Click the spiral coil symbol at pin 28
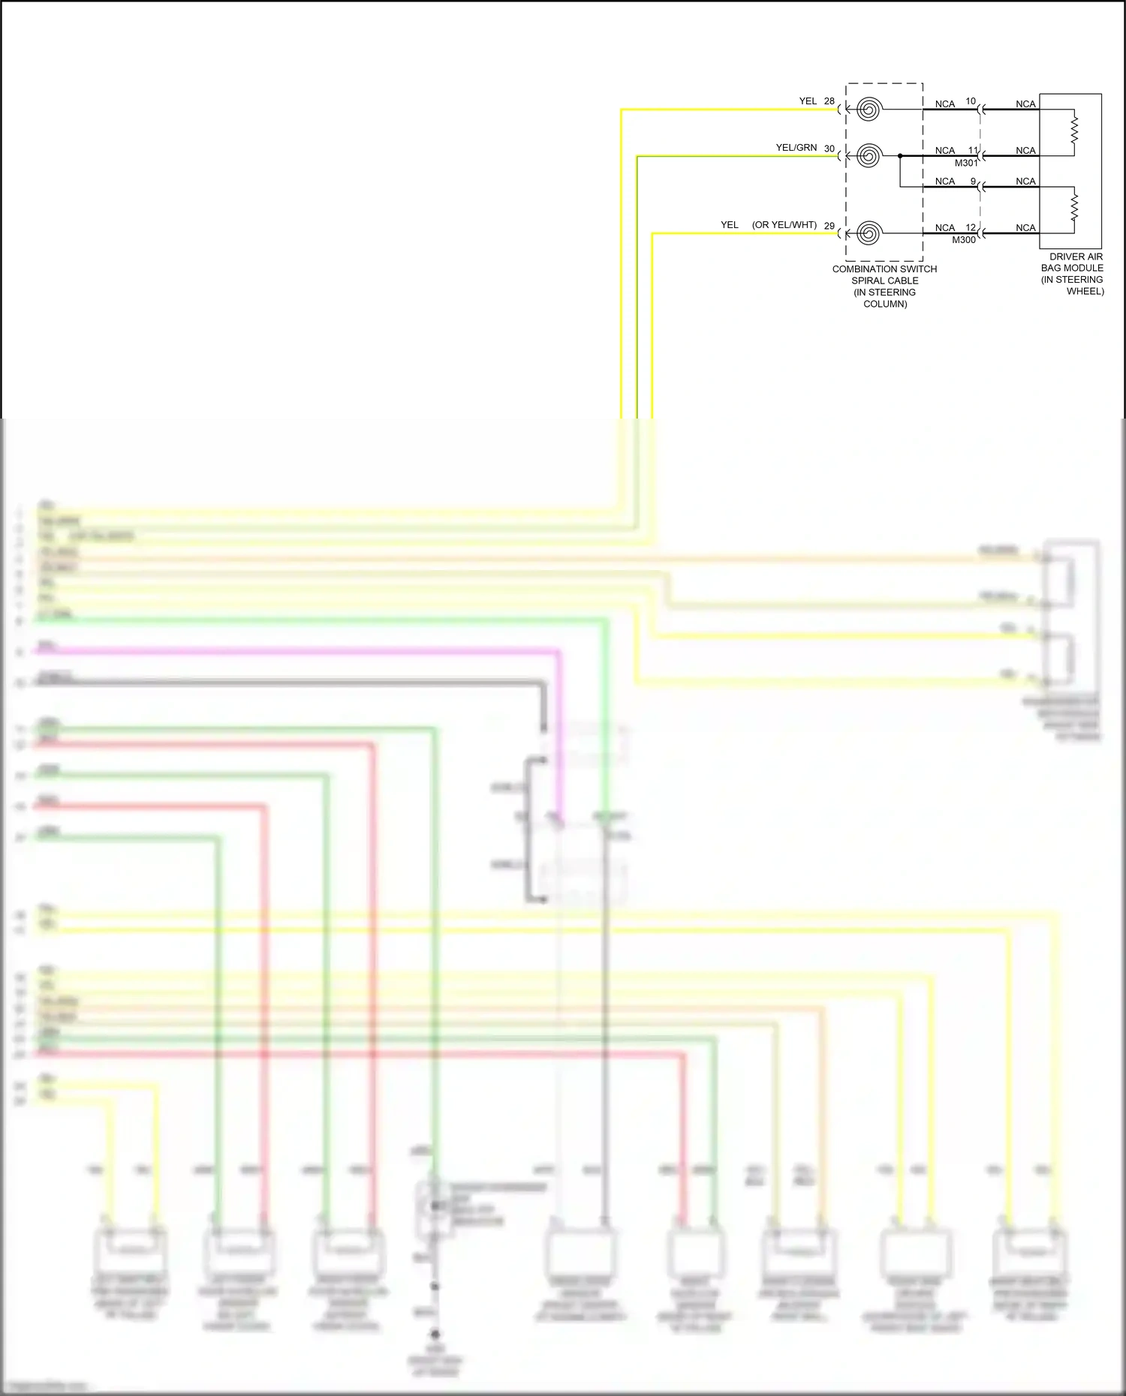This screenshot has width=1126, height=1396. pyautogui.click(x=869, y=110)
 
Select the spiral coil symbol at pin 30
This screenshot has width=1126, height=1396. pyautogui.click(x=869, y=156)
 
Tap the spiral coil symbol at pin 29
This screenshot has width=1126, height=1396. pyautogui.click(x=869, y=233)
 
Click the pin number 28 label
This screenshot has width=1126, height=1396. pyautogui.click(x=829, y=101)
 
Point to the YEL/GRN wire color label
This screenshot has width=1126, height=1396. pyautogui.click(x=796, y=148)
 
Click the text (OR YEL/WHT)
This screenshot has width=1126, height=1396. pyautogui.click(x=784, y=225)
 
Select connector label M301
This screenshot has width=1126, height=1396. pyautogui.click(x=966, y=163)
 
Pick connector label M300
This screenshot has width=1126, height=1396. pyautogui.click(x=964, y=240)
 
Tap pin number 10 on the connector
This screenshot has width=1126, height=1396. pyautogui.click(x=971, y=101)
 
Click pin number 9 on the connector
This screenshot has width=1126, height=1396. pyautogui.click(x=973, y=182)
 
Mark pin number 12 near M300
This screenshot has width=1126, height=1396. pyautogui.click(x=971, y=228)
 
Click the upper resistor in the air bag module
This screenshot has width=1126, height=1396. pyautogui.click(x=1074, y=129)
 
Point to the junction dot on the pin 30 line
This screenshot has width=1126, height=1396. pyautogui.click(x=900, y=156)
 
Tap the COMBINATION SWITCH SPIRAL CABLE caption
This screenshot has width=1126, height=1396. pyautogui.click(x=884, y=275)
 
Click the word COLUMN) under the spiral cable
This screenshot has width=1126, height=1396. pyautogui.click(x=885, y=304)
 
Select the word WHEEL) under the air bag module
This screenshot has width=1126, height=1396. pyautogui.click(x=1085, y=291)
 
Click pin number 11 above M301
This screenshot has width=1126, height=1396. pyautogui.click(x=973, y=151)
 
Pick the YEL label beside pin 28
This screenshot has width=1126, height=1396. pyautogui.click(x=808, y=101)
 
